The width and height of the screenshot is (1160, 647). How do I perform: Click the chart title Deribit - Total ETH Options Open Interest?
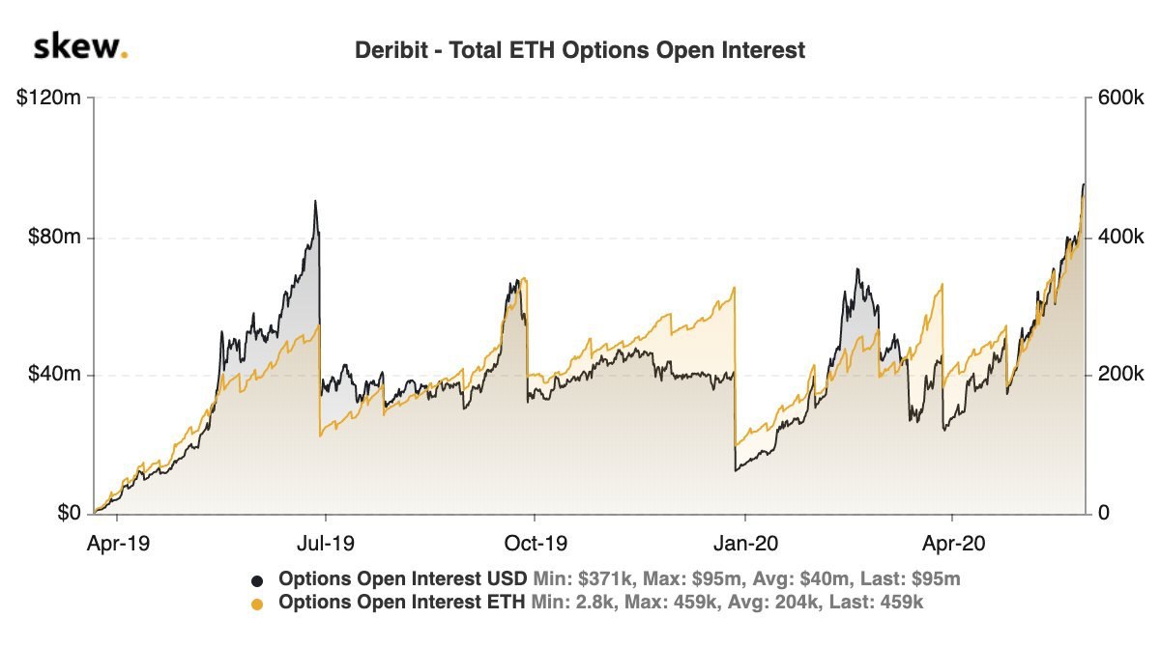(580, 50)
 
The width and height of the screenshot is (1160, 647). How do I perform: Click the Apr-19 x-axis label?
(118, 544)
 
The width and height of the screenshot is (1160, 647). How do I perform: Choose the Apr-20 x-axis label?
(953, 544)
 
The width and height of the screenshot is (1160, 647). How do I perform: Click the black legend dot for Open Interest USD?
(257, 580)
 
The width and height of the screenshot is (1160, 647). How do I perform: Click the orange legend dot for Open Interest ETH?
(257, 605)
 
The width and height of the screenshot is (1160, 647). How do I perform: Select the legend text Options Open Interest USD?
(402, 579)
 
